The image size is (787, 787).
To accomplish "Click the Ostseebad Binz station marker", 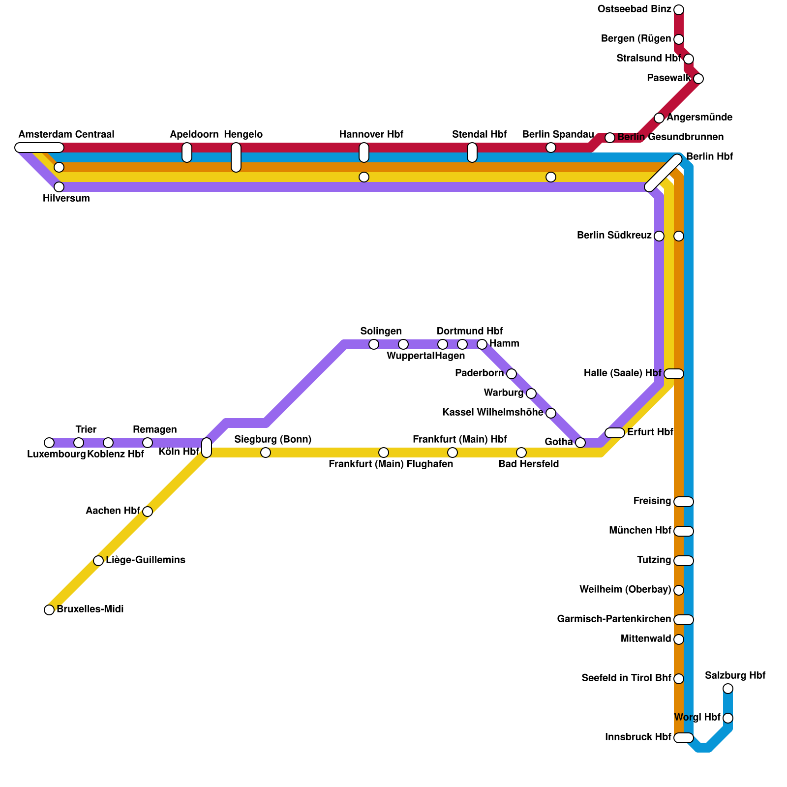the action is click(x=679, y=10).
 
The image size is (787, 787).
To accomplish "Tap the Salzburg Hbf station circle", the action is click(x=728, y=689).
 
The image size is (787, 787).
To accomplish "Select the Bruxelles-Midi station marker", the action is click(x=49, y=610).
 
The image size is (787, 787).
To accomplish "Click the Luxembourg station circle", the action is click(x=49, y=443).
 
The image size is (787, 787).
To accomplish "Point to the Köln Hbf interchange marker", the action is click(x=207, y=448).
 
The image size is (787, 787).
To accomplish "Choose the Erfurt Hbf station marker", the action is click(x=615, y=433).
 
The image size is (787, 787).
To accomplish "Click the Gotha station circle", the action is click(x=580, y=443).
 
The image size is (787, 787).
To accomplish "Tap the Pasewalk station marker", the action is click(x=698, y=79).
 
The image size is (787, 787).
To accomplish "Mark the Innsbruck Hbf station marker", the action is click(x=684, y=738).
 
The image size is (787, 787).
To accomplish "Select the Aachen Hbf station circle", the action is click(x=148, y=512).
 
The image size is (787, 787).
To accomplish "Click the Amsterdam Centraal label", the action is click(x=66, y=135).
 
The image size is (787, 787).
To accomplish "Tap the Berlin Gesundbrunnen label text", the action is click(x=670, y=137).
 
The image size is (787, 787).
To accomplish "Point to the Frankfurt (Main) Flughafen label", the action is click(x=391, y=464).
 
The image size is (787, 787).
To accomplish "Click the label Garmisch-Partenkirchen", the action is click(x=614, y=619).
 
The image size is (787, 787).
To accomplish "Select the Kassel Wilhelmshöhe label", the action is click(x=493, y=413).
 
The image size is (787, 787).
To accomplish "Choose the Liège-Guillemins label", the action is click(x=146, y=560).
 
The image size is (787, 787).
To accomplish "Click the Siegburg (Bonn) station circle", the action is click(x=266, y=453).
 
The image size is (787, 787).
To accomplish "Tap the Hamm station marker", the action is click(x=482, y=344).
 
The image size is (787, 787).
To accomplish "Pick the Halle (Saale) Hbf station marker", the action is click(x=674, y=374).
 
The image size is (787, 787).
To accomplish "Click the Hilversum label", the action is click(x=66, y=199).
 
